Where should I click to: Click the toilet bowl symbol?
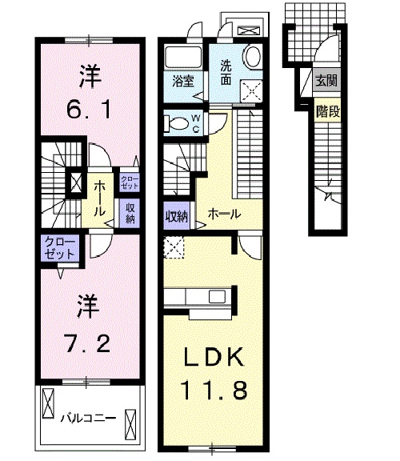[174, 124]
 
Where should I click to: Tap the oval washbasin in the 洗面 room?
[252, 57]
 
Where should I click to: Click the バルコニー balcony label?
[88, 418]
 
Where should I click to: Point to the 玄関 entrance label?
[326, 80]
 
